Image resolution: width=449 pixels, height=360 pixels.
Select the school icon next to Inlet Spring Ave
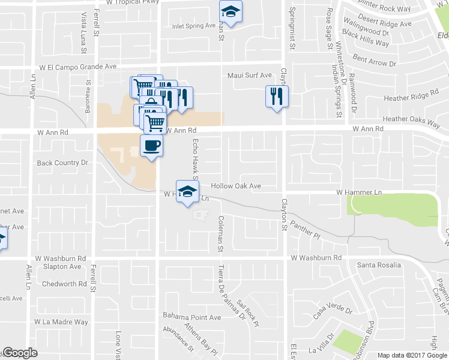click(x=230, y=11)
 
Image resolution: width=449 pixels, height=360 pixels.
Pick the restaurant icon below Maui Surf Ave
click(x=277, y=96)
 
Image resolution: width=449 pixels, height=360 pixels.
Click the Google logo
click(x=20, y=353)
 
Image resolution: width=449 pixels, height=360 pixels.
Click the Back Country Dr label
click(x=62, y=163)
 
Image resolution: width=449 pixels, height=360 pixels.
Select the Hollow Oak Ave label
click(x=236, y=186)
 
